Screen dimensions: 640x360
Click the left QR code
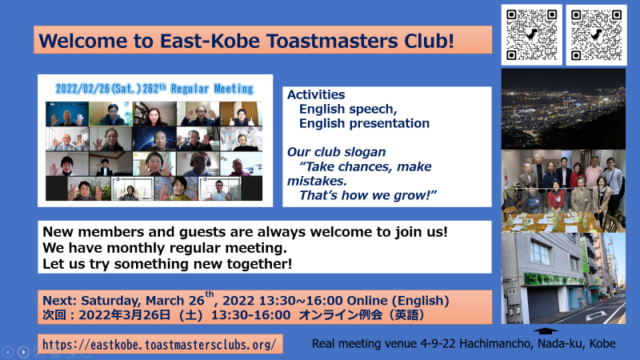point(531,34)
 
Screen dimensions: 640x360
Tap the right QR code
point(596,34)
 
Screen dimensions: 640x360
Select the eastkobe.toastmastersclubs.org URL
point(159,345)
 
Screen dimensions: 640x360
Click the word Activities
point(316,94)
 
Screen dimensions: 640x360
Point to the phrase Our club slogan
point(336,152)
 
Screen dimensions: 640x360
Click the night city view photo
point(563,109)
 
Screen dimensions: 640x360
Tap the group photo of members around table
point(563,191)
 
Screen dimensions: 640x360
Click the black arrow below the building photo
point(546,330)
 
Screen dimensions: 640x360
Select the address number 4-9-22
point(438,344)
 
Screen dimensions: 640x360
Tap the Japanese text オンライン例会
point(341,314)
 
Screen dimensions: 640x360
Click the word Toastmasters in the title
point(332,41)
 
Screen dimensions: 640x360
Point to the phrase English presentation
point(364,123)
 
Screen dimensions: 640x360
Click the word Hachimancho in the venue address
point(496,344)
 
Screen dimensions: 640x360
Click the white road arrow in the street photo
point(597,314)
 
